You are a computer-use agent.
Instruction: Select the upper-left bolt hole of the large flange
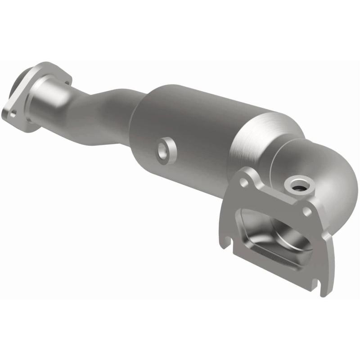point(243,182)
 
